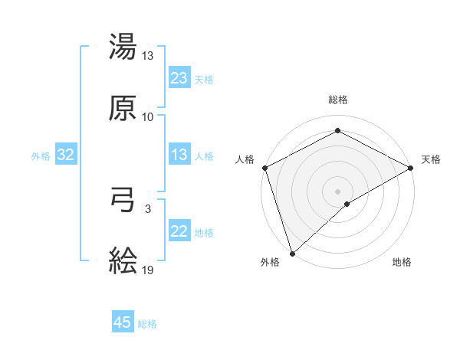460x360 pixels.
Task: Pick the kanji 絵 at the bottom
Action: point(123,261)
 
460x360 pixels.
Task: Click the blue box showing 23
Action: point(179,78)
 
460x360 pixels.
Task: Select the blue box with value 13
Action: point(179,155)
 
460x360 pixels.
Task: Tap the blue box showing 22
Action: point(179,231)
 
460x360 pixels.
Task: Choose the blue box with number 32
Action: point(66,155)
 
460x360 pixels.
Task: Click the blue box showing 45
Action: point(123,322)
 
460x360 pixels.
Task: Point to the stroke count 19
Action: point(148,270)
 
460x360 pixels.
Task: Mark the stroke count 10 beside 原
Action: point(148,116)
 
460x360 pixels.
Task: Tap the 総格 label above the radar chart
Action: point(338,100)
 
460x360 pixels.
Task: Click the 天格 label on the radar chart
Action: point(431,159)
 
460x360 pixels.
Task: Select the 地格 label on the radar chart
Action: point(402,262)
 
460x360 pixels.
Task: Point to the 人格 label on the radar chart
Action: point(245,159)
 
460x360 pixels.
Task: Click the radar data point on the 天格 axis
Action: point(412,167)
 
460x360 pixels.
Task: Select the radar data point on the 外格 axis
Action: point(292,253)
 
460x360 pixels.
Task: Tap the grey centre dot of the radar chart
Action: point(338,191)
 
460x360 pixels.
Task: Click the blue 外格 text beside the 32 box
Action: point(41,155)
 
